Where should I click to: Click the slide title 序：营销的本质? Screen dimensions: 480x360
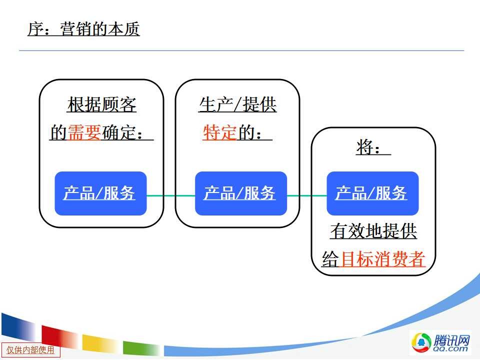83,29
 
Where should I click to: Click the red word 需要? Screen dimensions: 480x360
84,132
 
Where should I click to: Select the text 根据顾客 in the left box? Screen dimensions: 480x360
101,104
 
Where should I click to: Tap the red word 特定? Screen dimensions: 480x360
219,132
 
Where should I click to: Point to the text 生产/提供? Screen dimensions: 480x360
237,104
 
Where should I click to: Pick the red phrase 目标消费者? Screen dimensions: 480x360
382,259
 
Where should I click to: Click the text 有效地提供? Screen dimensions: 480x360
374,231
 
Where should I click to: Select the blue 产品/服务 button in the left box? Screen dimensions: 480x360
100,193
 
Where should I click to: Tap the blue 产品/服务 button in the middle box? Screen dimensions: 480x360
241,193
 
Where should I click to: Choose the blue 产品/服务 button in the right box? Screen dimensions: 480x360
372,193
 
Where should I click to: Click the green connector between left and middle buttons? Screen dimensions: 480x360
171,195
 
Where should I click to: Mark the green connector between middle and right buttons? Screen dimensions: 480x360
306,195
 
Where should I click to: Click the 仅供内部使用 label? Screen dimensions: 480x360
30,350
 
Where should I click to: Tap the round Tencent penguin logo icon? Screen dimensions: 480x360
421,342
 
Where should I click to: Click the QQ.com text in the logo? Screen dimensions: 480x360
450,348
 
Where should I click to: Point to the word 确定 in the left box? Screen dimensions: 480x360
119,132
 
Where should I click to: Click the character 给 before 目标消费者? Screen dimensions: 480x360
330,259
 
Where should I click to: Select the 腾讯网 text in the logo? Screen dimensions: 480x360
451,339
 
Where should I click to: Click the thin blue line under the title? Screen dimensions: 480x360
241,50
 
